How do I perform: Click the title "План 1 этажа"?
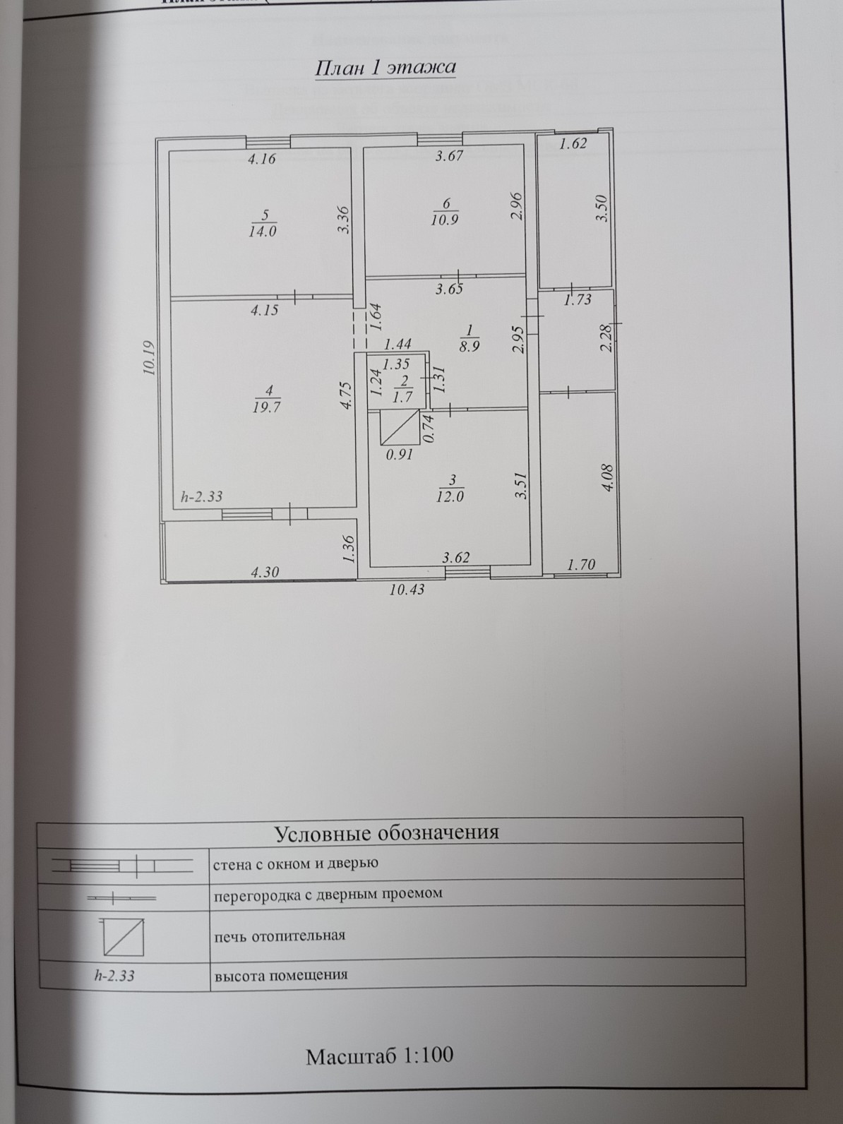click(x=385, y=68)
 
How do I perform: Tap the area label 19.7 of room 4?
click(x=263, y=407)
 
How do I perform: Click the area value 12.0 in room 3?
click(x=451, y=496)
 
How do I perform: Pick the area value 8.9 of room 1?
click(x=469, y=347)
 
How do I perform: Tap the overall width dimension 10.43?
click(x=407, y=589)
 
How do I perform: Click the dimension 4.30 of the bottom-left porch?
click(x=265, y=572)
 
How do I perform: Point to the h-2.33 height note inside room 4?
click(x=201, y=496)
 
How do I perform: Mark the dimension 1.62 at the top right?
click(x=573, y=145)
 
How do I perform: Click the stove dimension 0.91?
click(x=400, y=455)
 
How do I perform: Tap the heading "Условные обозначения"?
click(x=386, y=833)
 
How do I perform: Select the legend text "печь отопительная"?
click(x=279, y=936)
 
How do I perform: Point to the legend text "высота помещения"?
click(x=280, y=976)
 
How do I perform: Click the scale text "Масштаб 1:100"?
click(x=379, y=1056)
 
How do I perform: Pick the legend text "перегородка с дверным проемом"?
click(x=328, y=894)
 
